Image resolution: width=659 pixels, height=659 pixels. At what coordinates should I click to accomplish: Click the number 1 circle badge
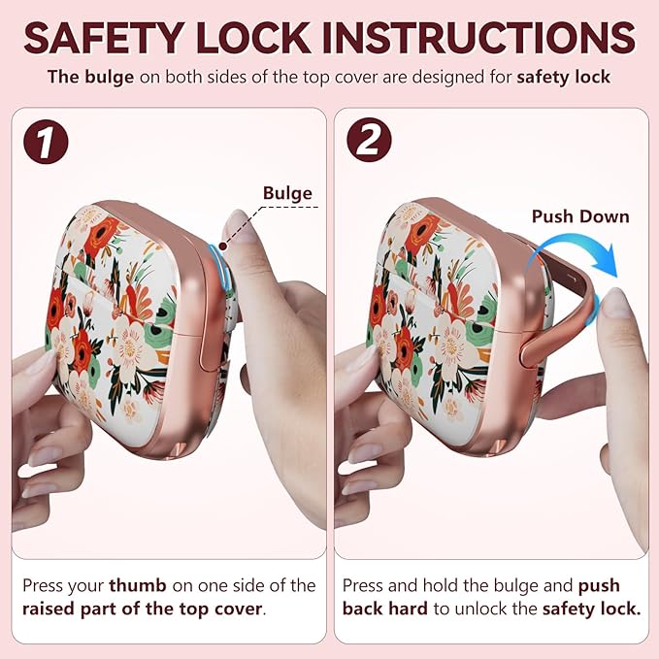click(x=46, y=142)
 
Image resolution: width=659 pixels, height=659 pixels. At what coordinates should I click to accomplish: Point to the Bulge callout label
click(x=287, y=193)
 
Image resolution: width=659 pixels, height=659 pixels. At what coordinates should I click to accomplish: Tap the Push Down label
click(x=580, y=216)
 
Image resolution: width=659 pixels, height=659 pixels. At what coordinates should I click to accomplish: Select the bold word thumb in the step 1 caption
click(x=138, y=585)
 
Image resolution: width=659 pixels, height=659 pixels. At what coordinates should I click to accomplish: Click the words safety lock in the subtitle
click(x=563, y=77)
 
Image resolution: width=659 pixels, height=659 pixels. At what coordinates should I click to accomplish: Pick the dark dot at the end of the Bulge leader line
click(x=223, y=247)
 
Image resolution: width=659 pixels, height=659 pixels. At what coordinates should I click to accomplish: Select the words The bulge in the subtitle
click(x=90, y=77)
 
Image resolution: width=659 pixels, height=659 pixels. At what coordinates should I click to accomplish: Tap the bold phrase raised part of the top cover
click(x=143, y=609)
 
